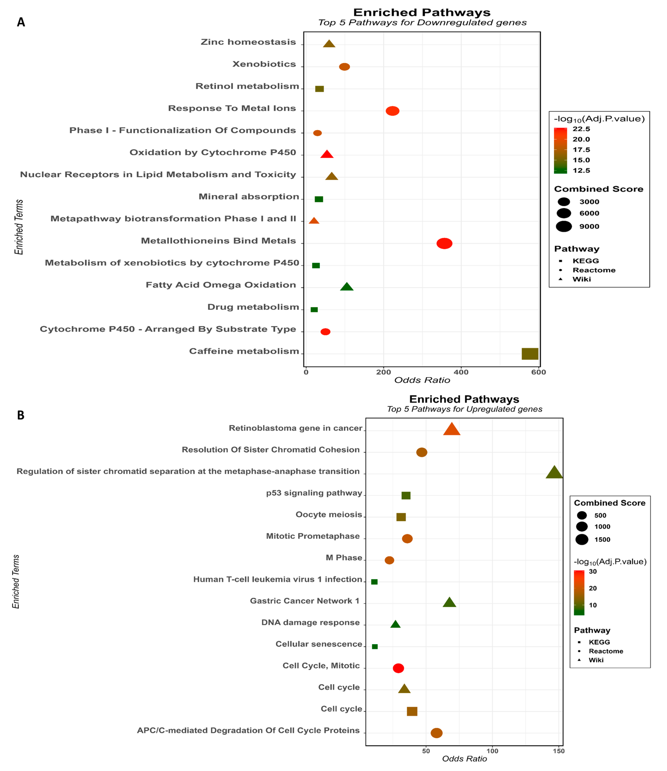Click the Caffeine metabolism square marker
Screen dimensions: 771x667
click(x=530, y=353)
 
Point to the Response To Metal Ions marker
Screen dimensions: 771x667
click(x=392, y=111)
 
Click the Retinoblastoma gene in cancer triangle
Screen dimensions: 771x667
click(x=451, y=430)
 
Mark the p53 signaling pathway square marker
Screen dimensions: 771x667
click(x=406, y=495)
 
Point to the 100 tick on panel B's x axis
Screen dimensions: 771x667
click(x=492, y=751)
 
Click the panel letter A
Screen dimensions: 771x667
click(x=21, y=22)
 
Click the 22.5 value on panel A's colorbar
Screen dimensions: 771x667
click(x=581, y=129)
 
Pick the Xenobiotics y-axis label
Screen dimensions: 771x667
click(x=264, y=64)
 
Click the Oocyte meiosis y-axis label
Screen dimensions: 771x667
click(x=329, y=514)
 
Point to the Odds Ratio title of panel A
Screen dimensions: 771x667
click(x=422, y=380)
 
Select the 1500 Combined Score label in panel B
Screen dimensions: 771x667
click(x=602, y=539)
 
